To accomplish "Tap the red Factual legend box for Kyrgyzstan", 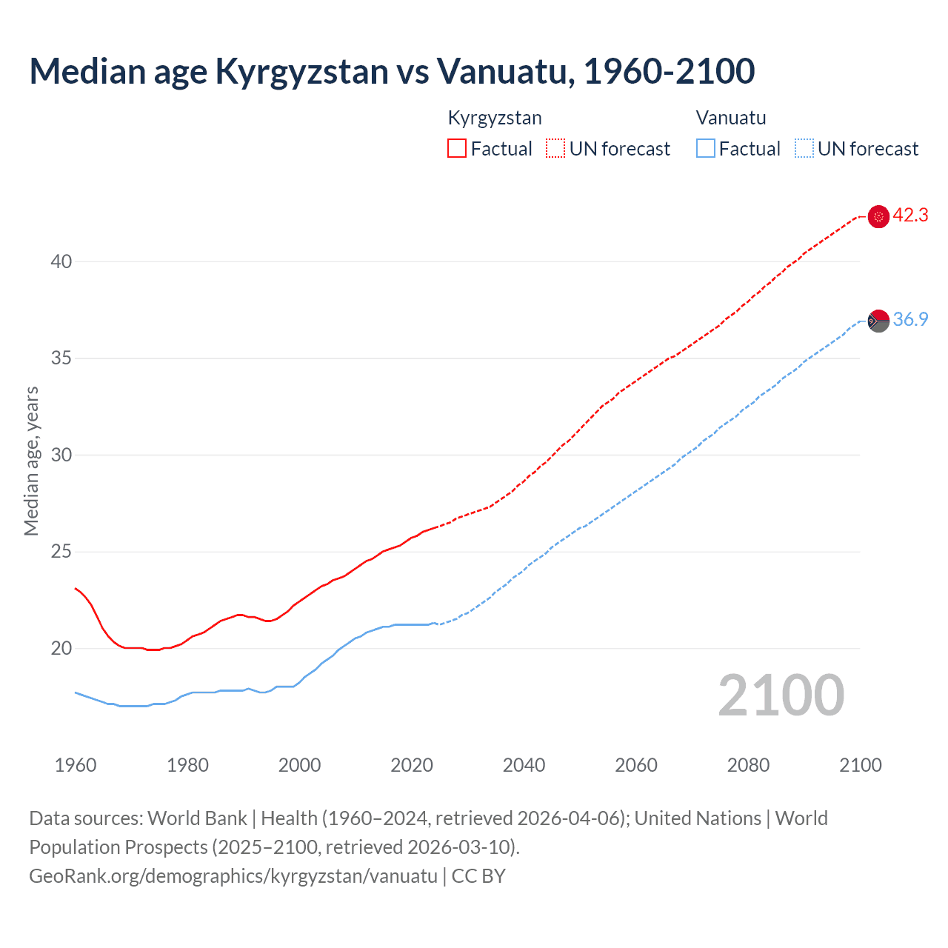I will pyautogui.click(x=457, y=148).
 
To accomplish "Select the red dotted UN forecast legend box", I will pyautogui.click(x=555, y=148).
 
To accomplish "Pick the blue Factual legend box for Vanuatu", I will pyautogui.click(x=706, y=148).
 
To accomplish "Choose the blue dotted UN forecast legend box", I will pyautogui.click(x=804, y=148).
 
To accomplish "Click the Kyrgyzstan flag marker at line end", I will pyautogui.click(x=878, y=216).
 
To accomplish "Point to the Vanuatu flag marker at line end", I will pyautogui.click(x=878, y=321).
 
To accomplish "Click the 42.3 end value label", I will pyautogui.click(x=910, y=216).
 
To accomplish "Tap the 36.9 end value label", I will pyautogui.click(x=910, y=320).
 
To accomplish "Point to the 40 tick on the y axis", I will pyautogui.click(x=61, y=261).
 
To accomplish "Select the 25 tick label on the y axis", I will pyautogui.click(x=61, y=552).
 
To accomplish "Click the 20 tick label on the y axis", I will pyautogui.click(x=61, y=649).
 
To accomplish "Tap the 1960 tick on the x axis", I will pyautogui.click(x=76, y=765).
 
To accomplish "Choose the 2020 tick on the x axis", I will pyautogui.click(x=412, y=765).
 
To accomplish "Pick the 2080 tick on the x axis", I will pyautogui.click(x=748, y=765).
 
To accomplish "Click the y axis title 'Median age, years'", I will pyautogui.click(x=31, y=461).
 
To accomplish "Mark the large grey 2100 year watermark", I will pyautogui.click(x=781, y=695).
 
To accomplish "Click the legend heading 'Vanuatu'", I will pyautogui.click(x=731, y=118).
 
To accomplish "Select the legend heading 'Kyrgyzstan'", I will pyautogui.click(x=495, y=118).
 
